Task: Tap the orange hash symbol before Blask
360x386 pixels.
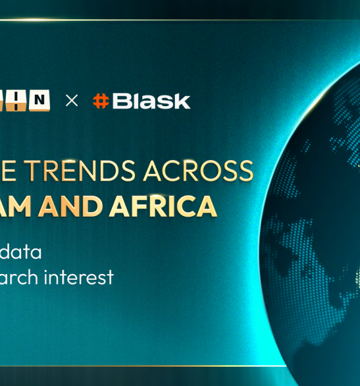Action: point(100,101)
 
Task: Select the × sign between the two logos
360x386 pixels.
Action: point(72,101)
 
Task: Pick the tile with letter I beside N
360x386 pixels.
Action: point(23,100)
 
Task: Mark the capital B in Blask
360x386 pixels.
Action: point(120,101)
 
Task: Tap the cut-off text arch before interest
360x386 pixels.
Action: point(17,277)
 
